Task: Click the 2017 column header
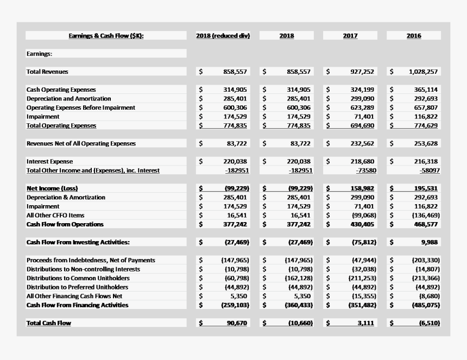(350, 36)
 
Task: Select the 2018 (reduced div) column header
(223, 36)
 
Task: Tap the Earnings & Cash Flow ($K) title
(106, 36)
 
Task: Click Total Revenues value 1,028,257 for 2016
(422, 72)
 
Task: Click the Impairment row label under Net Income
(43, 206)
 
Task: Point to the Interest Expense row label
(49, 161)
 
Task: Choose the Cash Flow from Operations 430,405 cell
(362, 224)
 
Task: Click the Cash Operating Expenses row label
(61, 90)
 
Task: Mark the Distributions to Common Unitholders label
(78, 278)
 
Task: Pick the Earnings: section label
(40, 54)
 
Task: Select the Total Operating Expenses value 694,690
(362, 125)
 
